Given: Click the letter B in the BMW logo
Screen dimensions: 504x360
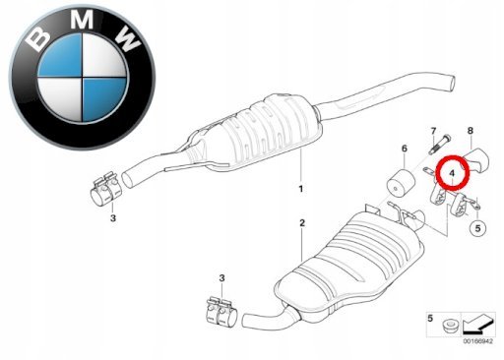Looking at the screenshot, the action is pyautogui.click(x=38, y=38).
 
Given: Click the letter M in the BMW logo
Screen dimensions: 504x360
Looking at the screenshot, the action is pyautogui.click(x=82, y=20).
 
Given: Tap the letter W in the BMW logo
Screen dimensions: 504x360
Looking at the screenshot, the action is pyautogui.click(x=127, y=38).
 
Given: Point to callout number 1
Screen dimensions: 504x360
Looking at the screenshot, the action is pyautogui.click(x=300, y=189).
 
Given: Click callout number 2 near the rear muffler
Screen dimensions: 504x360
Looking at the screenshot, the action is pyautogui.click(x=302, y=223).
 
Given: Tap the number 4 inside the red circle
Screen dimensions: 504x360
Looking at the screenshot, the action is pyautogui.click(x=452, y=173).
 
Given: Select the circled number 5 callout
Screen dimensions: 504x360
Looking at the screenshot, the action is pyautogui.click(x=477, y=227).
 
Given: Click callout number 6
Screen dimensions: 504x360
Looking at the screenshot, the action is pyautogui.click(x=405, y=149).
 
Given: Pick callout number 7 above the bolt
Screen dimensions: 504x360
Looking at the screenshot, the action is pyautogui.click(x=433, y=131).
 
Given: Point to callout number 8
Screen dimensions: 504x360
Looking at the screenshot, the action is pyautogui.click(x=471, y=131).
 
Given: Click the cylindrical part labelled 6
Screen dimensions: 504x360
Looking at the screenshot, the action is pyautogui.click(x=401, y=184).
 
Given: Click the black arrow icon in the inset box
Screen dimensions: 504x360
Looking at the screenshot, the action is pyautogui.click(x=477, y=324).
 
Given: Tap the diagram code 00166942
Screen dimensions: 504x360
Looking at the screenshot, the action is pyautogui.click(x=477, y=341).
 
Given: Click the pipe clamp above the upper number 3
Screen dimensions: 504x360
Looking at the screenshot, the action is pyautogui.click(x=105, y=190).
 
